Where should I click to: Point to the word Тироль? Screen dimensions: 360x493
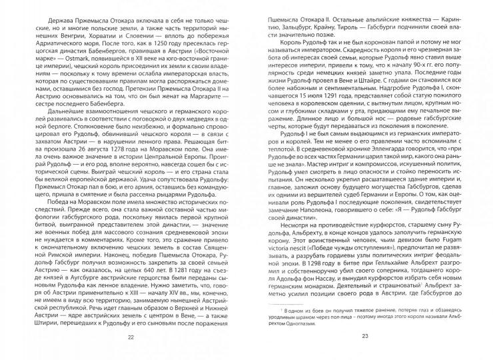point(364,20)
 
